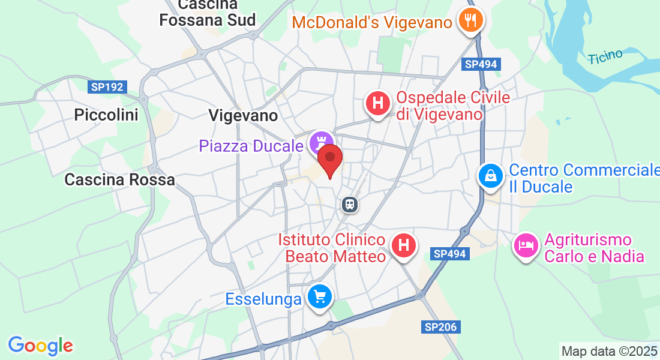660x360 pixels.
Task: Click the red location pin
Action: (x=329, y=158)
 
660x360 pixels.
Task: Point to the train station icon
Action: (x=350, y=205)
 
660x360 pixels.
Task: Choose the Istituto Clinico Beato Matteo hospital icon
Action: (x=404, y=245)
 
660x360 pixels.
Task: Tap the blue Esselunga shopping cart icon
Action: (x=319, y=296)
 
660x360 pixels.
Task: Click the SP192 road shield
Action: (x=108, y=87)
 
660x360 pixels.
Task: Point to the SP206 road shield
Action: (x=440, y=327)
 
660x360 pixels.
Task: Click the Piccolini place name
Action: (x=106, y=115)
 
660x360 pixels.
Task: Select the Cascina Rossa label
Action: (x=119, y=179)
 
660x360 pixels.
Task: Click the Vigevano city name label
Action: (x=244, y=115)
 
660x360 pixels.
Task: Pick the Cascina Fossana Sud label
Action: (x=208, y=13)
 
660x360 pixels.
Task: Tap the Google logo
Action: (x=40, y=346)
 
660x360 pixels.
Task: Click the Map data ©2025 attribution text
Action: (x=609, y=351)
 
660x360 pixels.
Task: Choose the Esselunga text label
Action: (x=263, y=299)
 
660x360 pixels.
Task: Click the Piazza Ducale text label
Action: (x=251, y=146)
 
